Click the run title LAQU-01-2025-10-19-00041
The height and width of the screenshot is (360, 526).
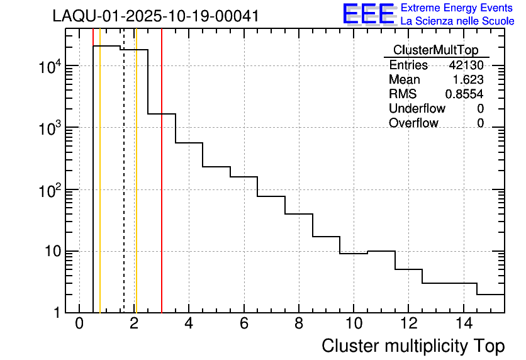[x=155, y=16]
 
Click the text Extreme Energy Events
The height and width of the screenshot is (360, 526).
[x=457, y=8]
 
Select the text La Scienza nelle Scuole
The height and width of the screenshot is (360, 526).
[x=457, y=21]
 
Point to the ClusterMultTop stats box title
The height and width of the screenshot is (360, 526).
[x=435, y=50]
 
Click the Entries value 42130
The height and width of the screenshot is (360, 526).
[x=466, y=65]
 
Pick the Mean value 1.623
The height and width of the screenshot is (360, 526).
[x=468, y=80]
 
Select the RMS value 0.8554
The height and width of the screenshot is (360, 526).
[x=464, y=94]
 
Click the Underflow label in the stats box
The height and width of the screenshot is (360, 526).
[x=417, y=109]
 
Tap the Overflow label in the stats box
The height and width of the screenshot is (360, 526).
[x=413, y=123]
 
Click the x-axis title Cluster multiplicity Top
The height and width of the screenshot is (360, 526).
[x=413, y=346]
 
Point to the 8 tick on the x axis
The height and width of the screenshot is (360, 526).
[x=299, y=324]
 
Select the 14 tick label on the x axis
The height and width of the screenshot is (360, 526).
[x=463, y=324]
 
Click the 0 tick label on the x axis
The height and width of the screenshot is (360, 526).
[x=79, y=324]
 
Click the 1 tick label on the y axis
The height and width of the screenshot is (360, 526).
[x=55, y=313]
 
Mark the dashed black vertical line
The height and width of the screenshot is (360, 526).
[x=124, y=189]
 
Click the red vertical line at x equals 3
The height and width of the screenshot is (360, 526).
[x=162, y=189]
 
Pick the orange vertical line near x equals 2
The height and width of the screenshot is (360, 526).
[x=136, y=189]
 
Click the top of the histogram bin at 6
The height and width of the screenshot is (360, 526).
[x=244, y=177]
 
